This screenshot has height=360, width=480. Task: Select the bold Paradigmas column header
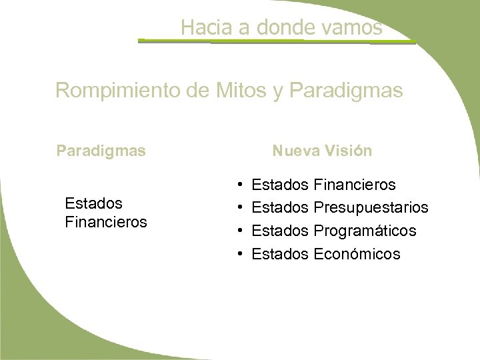[x=101, y=151]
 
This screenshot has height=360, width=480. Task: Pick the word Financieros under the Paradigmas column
[x=106, y=221]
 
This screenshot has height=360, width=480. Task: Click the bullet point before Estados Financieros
[x=239, y=183]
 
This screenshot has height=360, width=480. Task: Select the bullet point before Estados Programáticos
[x=239, y=231]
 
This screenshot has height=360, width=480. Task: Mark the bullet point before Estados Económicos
[x=239, y=255]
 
